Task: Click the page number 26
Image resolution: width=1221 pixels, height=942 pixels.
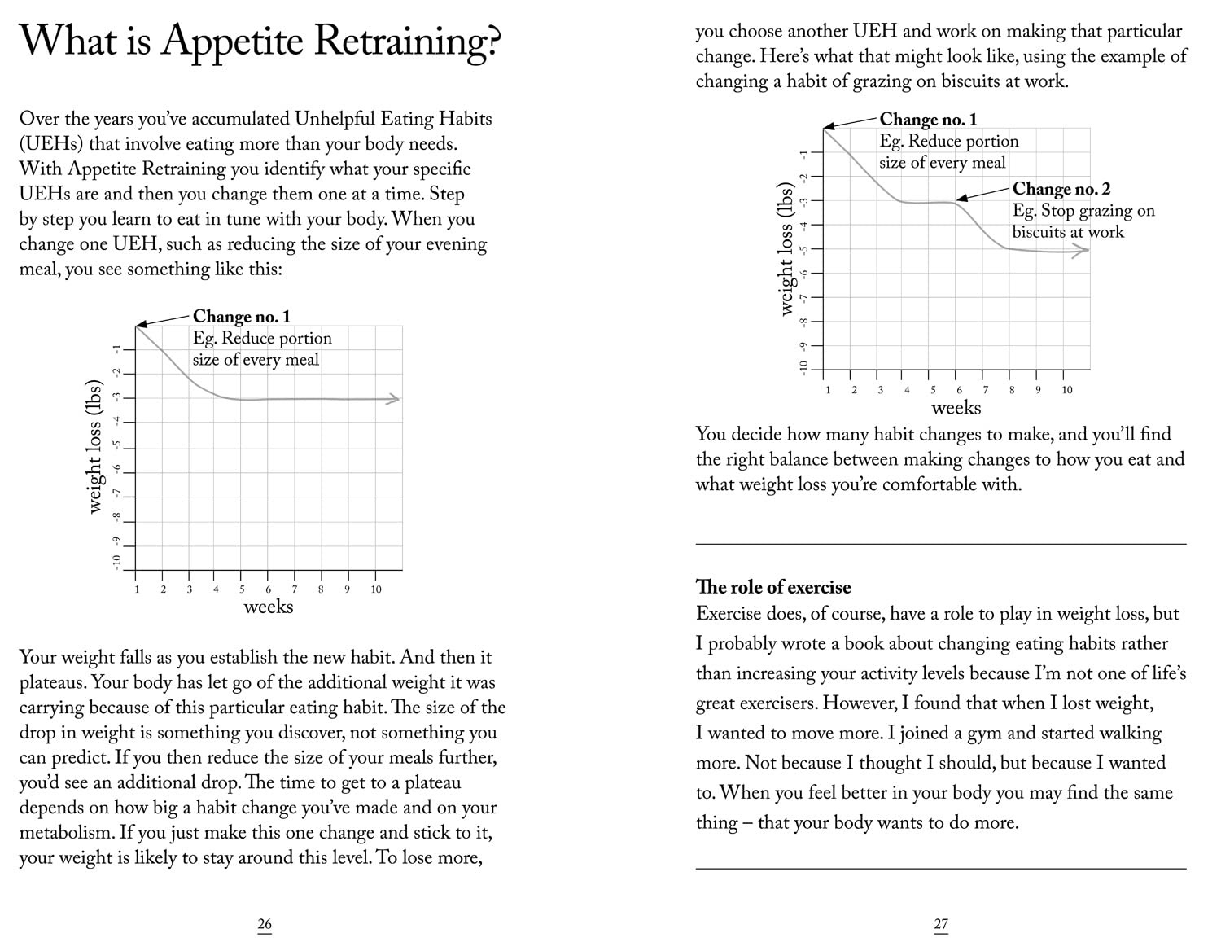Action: (x=265, y=924)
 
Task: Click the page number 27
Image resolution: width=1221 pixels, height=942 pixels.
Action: (x=941, y=924)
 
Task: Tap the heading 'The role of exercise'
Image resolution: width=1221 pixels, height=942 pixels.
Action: (x=772, y=587)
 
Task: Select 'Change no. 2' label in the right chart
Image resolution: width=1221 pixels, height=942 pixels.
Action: (x=1061, y=189)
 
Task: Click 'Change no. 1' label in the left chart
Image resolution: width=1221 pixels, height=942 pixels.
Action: (x=241, y=317)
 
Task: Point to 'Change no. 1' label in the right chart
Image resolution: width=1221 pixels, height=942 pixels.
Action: (x=928, y=120)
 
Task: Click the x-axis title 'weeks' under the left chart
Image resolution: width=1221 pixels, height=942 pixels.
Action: (x=268, y=607)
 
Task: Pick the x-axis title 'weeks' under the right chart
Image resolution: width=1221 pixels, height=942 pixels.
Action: (x=956, y=407)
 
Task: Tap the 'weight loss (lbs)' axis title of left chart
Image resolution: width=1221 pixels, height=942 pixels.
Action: (x=95, y=447)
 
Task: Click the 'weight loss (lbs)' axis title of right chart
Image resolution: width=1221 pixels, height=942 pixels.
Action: (x=786, y=248)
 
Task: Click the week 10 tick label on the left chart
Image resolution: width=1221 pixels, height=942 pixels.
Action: (x=376, y=589)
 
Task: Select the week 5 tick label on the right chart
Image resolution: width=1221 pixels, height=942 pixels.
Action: (x=933, y=390)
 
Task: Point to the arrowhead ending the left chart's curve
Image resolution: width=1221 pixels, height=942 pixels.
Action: (x=394, y=399)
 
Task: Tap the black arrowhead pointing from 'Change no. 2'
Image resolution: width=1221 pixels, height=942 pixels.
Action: (x=961, y=198)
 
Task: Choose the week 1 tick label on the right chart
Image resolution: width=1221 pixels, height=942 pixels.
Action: (x=828, y=390)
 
